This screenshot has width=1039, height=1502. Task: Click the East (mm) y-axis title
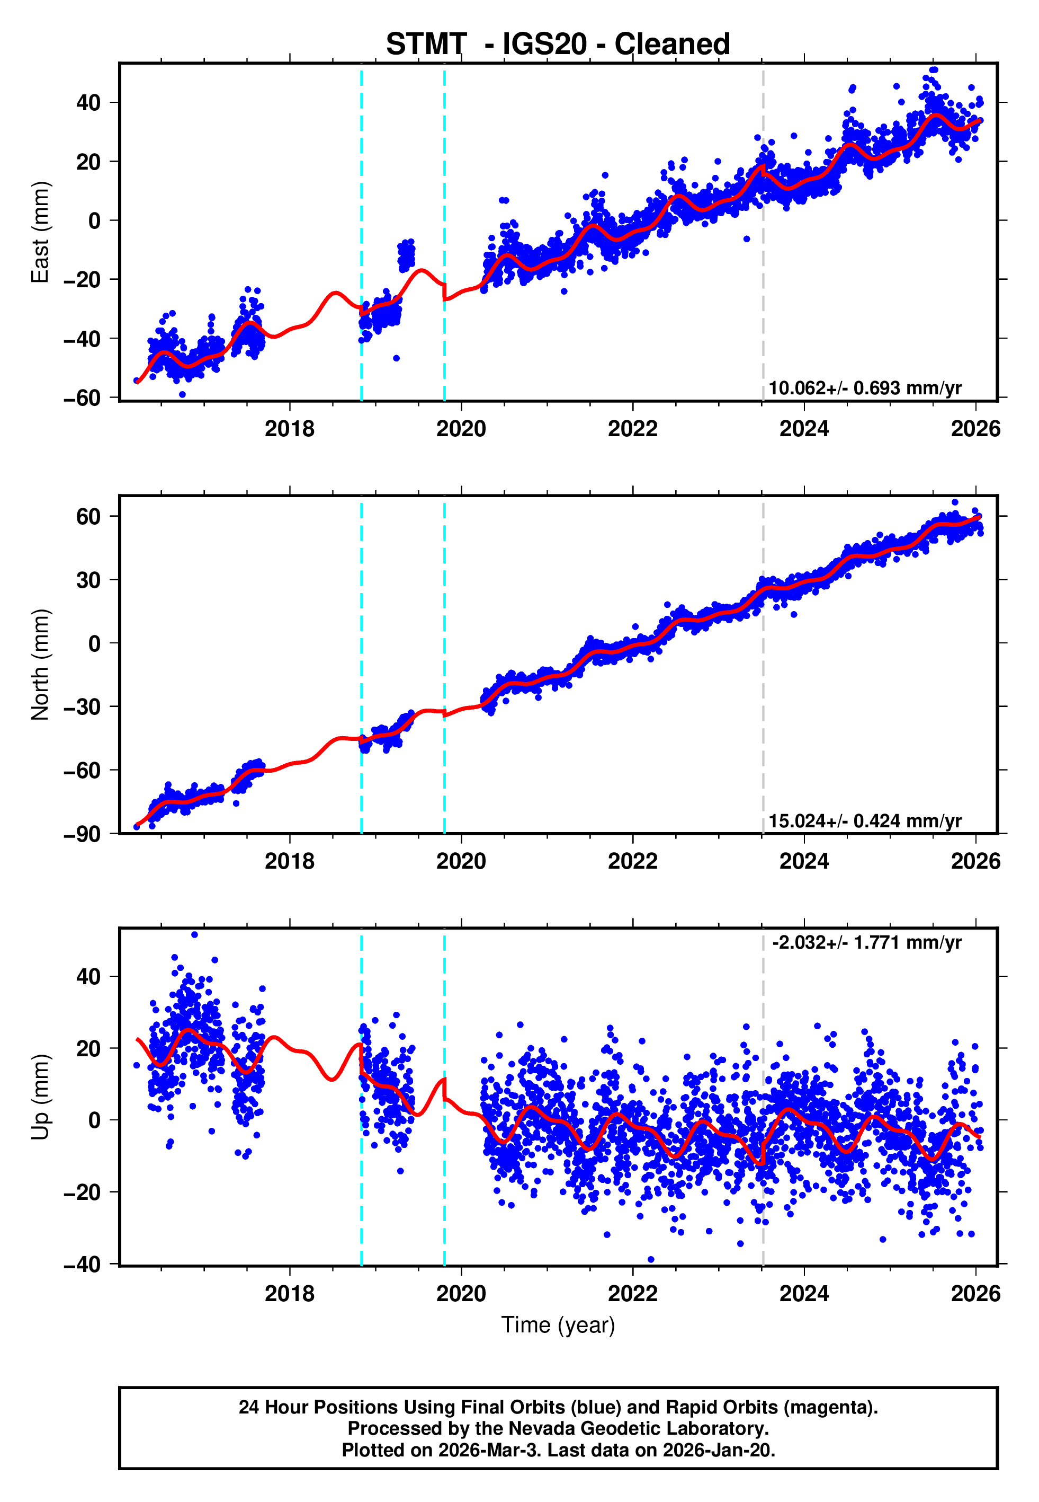40,232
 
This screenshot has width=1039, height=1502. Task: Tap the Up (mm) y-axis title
40,1097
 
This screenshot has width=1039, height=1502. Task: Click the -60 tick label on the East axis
82,397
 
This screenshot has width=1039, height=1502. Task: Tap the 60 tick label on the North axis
88,517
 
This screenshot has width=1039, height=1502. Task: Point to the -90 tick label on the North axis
82,834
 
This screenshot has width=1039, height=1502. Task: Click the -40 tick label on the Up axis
82,1264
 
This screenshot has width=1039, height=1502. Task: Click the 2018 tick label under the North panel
289,861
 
